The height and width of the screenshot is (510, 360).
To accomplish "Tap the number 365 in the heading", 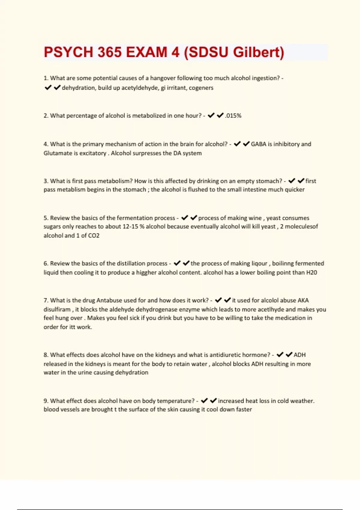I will (x=109, y=52).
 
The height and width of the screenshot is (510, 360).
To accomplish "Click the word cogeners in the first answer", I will (x=201, y=88).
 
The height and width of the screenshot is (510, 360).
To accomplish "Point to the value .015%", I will (x=233, y=115).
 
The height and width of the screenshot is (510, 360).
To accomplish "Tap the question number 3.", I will (x=46, y=181).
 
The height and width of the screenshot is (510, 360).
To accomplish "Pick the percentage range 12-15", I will (x=130, y=226).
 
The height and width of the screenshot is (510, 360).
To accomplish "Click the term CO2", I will (x=94, y=235).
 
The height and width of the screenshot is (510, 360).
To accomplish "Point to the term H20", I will (x=311, y=272).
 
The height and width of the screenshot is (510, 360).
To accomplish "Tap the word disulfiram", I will (x=57, y=309).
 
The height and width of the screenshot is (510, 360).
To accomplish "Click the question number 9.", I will (x=46, y=401).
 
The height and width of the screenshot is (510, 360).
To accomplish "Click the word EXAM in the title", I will (x=146, y=52).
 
